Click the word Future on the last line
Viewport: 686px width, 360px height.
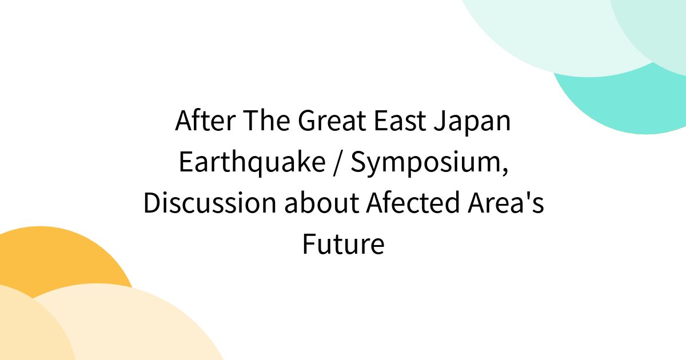(343, 245)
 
